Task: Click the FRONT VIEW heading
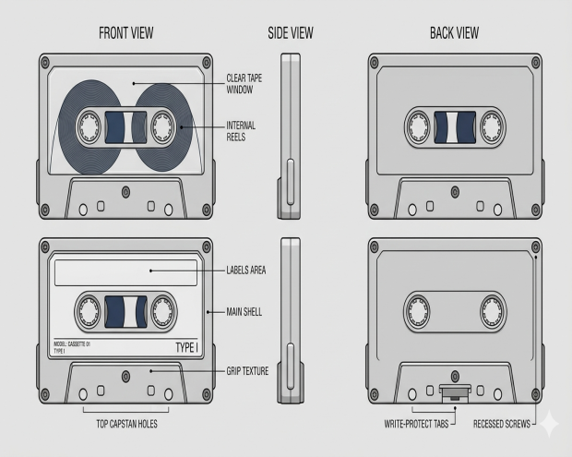click(125, 33)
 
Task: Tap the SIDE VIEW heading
click(291, 33)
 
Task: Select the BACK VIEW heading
click(454, 33)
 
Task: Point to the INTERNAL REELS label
click(241, 130)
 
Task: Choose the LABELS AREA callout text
click(246, 271)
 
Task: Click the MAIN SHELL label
click(244, 312)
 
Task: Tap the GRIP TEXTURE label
click(247, 371)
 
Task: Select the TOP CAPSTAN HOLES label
click(125, 425)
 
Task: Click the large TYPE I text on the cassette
click(186, 347)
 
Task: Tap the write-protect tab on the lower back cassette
click(452, 391)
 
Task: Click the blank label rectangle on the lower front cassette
click(125, 271)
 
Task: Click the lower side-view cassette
click(291, 320)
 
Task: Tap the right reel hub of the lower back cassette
click(491, 311)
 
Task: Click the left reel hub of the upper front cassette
click(89, 126)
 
